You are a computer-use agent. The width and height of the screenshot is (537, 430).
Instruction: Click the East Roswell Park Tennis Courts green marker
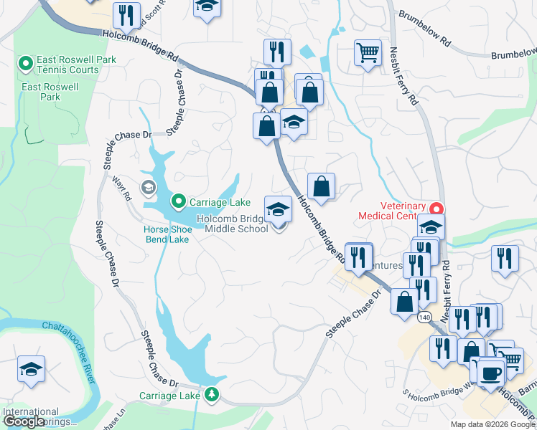click(x=26, y=64)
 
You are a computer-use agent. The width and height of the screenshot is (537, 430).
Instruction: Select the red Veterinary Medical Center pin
click(x=435, y=209)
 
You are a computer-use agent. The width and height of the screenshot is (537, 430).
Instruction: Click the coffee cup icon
click(x=491, y=373)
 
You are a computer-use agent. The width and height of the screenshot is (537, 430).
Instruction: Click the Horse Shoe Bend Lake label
click(x=167, y=234)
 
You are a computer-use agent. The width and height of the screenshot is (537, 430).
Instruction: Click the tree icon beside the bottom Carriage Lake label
click(x=211, y=393)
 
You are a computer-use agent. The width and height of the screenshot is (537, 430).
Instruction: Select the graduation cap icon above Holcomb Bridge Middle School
click(x=279, y=209)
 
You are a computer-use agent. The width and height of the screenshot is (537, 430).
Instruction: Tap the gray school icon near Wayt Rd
click(x=149, y=188)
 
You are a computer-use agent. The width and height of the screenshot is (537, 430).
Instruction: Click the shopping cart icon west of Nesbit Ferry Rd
click(x=367, y=52)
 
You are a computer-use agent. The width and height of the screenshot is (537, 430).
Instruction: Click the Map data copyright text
click(x=492, y=424)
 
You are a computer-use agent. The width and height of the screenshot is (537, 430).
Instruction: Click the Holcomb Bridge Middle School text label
click(x=235, y=224)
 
